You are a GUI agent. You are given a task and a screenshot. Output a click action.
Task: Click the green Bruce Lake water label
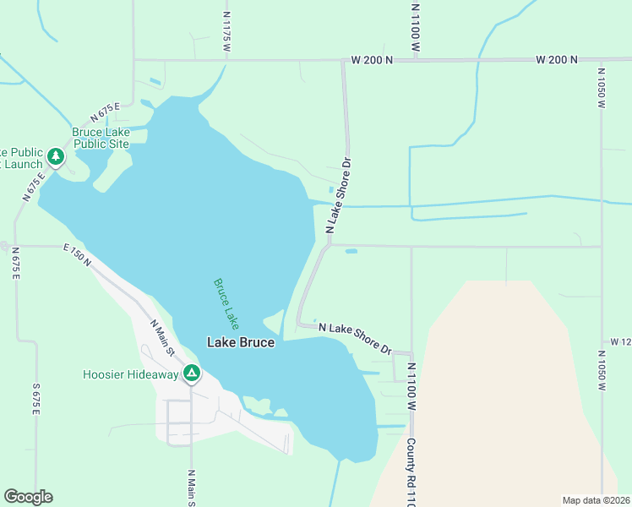pos(226,303)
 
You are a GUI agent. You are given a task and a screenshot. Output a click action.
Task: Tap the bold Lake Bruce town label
pos(241,342)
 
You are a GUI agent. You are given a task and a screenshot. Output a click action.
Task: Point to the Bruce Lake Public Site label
pos(101,138)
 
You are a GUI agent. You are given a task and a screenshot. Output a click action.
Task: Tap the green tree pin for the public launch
pos(55,156)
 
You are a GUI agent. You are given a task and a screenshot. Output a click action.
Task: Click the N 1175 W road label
pos(226,32)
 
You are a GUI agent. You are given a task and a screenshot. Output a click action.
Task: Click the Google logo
pos(28,497)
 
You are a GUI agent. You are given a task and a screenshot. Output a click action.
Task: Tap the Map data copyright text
pos(595,500)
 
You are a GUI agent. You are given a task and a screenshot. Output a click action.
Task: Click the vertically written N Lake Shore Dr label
pos(337,194)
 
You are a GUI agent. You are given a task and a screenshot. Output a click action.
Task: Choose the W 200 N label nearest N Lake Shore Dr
pos(373,60)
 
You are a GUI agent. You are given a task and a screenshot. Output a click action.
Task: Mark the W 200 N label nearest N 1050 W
pos(556,60)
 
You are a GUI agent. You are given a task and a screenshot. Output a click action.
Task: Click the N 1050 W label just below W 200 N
pos(602,89)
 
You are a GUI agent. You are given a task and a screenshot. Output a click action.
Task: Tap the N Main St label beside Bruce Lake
pos(161,336)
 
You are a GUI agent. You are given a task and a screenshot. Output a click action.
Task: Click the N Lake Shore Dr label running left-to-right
pos(355,338)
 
